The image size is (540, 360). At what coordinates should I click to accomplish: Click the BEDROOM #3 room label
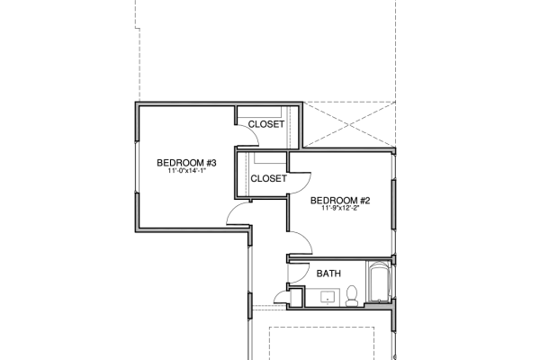[x=186, y=163]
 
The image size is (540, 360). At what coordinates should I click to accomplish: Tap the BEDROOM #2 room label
[x=340, y=201]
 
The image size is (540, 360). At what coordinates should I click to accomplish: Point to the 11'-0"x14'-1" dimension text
[x=186, y=171]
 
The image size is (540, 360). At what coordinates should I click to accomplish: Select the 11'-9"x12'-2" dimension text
[x=340, y=208]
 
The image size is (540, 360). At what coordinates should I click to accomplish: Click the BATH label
[x=328, y=274]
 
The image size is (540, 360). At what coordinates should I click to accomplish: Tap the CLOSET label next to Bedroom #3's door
[x=266, y=124]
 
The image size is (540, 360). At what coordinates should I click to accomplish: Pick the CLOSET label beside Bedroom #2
[x=268, y=178]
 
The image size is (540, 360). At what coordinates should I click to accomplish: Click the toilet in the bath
[x=352, y=296]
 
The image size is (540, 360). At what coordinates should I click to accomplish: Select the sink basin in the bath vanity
[x=328, y=297]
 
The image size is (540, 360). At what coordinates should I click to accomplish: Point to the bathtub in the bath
[x=379, y=282]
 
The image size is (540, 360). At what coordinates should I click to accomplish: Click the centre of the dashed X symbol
[x=349, y=125]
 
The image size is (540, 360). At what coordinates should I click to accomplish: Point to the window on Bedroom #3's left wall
[x=137, y=166]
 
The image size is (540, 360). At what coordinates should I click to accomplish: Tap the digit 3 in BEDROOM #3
[x=213, y=163]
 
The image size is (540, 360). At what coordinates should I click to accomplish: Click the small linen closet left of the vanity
[x=296, y=297]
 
